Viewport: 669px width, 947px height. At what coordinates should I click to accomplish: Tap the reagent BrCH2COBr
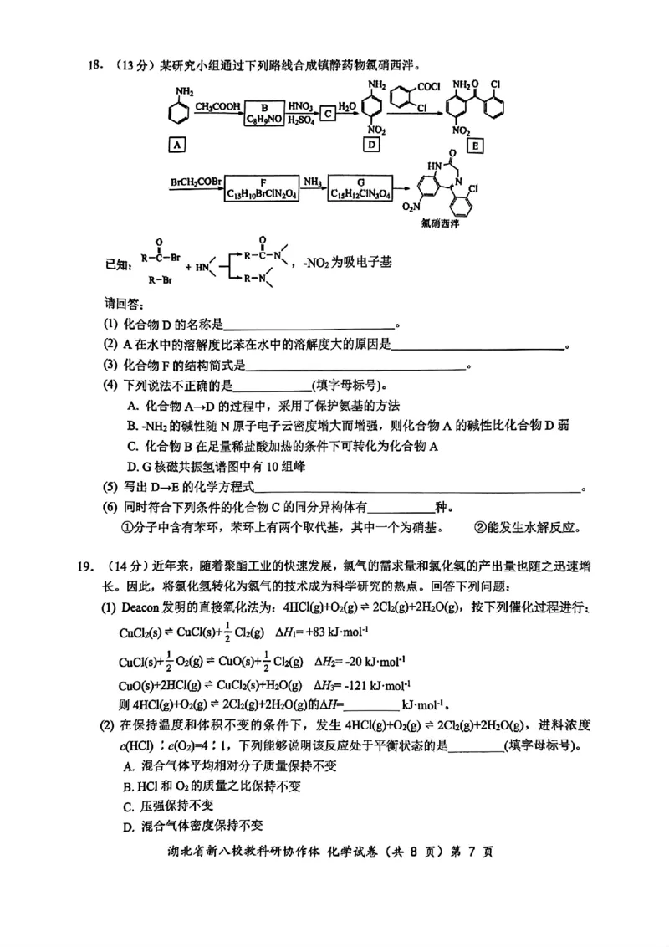point(195,182)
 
